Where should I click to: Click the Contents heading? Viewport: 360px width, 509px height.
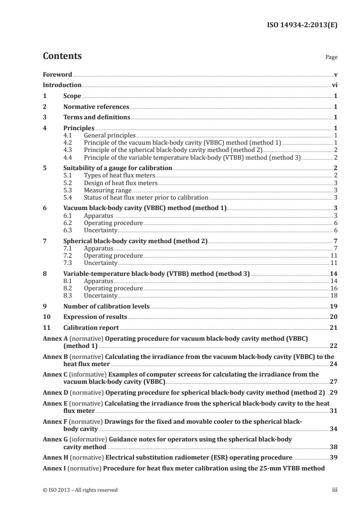pos(62,56)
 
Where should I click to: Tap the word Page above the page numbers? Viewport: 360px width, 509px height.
pos(331,58)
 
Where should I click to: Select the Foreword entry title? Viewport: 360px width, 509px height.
pos(57,74)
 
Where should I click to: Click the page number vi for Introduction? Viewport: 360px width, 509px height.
pos(334,85)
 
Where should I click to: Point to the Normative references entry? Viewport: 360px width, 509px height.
pos(96,107)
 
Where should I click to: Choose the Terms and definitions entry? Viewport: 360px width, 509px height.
pos(97,118)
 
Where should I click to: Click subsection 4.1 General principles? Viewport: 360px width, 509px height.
pos(110,135)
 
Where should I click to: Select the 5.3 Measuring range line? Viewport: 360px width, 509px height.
pos(108,191)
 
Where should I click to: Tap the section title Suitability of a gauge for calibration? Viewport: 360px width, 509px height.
pos(118,168)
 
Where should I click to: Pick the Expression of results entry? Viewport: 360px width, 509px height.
pos(95,317)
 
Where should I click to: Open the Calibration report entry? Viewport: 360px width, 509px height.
pos(91,328)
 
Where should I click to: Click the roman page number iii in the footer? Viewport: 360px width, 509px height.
pos(334,490)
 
